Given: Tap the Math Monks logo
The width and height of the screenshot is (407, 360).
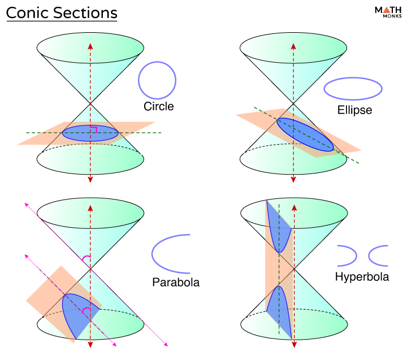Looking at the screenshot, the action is (388, 12).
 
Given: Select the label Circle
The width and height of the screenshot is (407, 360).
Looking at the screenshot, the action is (159, 106).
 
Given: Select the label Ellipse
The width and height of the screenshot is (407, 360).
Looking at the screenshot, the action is (354, 110).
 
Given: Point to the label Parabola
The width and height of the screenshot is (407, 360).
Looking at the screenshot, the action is (176, 282).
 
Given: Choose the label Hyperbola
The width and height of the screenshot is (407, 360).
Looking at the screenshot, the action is (362, 277).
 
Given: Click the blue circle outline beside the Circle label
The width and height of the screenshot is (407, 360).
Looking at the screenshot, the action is (138, 80).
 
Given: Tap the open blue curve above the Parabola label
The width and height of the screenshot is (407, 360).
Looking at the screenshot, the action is (152, 254).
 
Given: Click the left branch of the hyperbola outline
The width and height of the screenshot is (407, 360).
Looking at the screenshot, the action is (356, 256).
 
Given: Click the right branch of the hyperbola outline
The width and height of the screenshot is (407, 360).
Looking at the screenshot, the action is (369, 256).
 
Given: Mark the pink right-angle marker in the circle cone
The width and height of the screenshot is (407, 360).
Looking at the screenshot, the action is (94, 127).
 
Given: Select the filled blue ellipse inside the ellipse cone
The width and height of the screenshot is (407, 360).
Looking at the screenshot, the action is (305, 135).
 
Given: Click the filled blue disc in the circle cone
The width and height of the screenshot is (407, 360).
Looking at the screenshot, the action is (90, 133).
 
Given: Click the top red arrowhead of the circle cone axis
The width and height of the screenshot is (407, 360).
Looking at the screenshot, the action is (90, 46).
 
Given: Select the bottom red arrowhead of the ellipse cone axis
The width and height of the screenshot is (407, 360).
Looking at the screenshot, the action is (293, 179).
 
